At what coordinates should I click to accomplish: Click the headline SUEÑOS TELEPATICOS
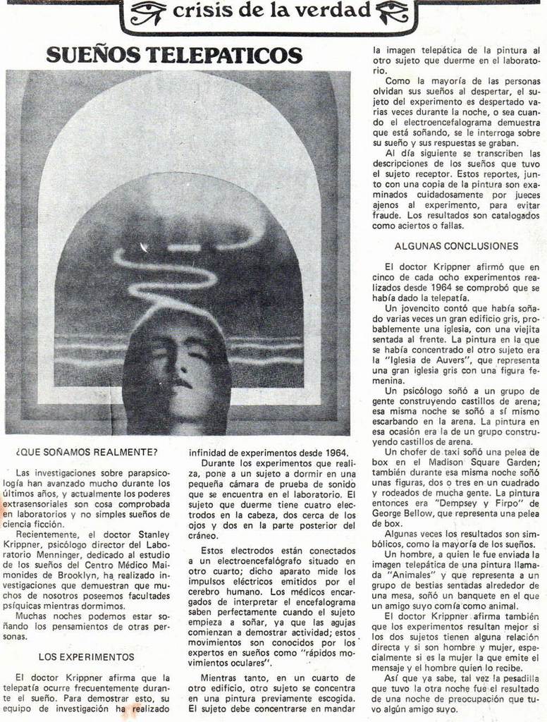(x=174, y=55)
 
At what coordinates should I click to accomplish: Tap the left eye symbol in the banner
(x=147, y=11)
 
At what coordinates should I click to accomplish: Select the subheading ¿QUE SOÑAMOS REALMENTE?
(x=87, y=451)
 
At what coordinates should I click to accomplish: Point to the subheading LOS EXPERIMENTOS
(x=86, y=656)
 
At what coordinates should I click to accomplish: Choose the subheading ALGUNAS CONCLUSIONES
(x=456, y=246)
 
